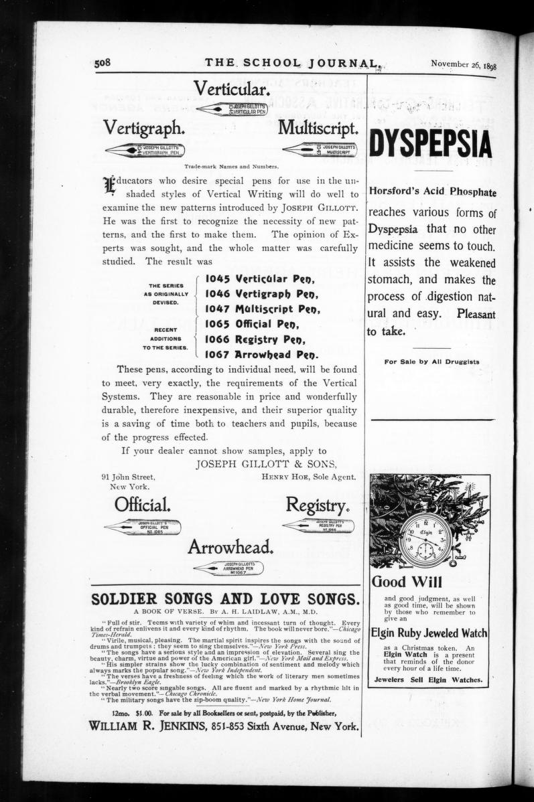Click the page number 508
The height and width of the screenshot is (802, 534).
click(103, 63)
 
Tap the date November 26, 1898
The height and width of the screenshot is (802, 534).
click(468, 64)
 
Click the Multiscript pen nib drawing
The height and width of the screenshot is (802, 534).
click(320, 149)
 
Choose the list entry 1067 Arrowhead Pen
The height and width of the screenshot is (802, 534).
click(261, 354)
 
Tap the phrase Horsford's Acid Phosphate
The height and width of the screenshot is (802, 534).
click(433, 192)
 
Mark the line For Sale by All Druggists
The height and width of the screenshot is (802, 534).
click(431, 362)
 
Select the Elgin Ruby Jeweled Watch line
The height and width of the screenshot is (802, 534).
click(429, 633)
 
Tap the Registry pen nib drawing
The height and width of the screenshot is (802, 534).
click(319, 526)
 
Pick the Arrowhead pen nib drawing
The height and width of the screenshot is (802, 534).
click(228, 568)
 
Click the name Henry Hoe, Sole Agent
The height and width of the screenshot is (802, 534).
click(309, 477)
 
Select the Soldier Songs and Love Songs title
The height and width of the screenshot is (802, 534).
click(225, 598)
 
